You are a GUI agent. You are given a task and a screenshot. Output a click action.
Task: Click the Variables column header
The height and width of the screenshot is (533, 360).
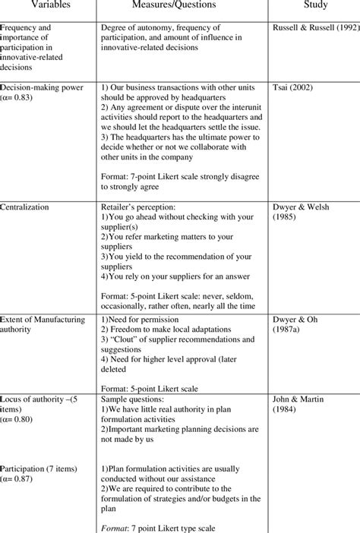(x=42, y=5)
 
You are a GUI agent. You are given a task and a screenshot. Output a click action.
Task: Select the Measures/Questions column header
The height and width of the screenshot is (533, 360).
(x=178, y=5)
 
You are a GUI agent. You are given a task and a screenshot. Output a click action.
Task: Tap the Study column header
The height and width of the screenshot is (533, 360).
(x=313, y=5)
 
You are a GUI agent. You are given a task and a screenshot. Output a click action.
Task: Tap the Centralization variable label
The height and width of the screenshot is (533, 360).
(x=27, y=206)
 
